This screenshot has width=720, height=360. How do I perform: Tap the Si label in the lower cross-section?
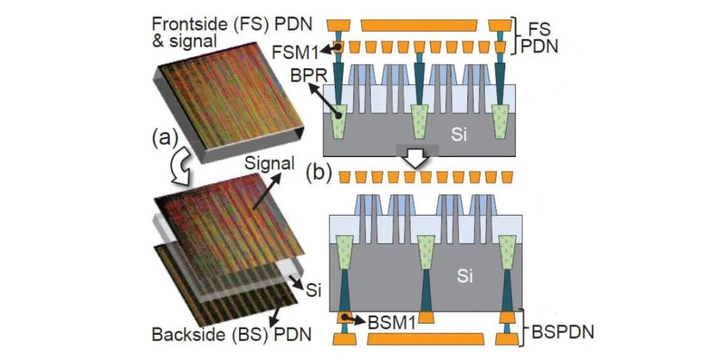click(x=465, y=275)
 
